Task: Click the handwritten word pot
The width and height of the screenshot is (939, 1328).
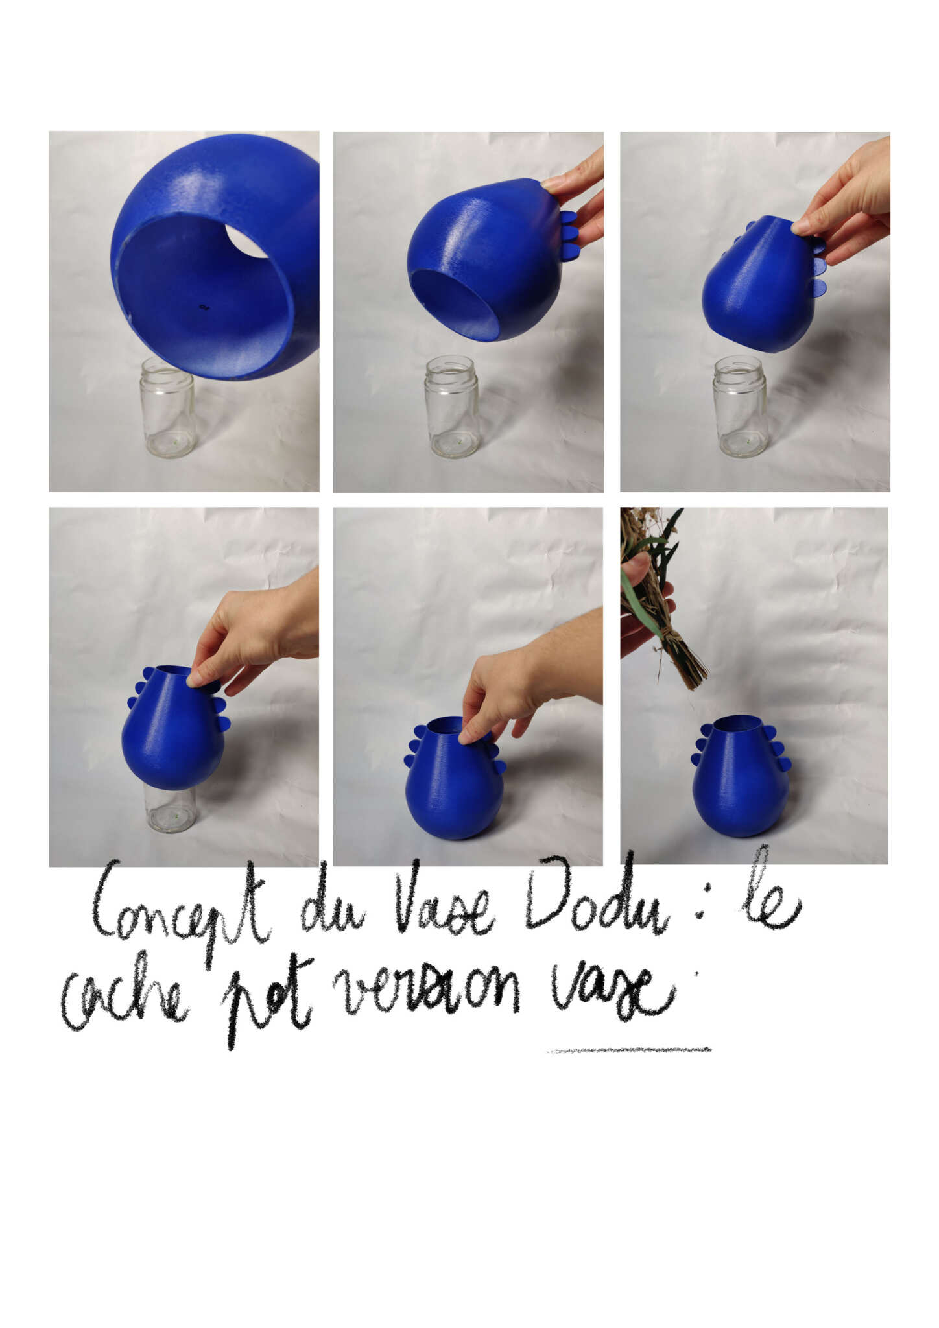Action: (265, 1002)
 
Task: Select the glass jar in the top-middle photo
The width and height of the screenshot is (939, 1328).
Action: (452, 407)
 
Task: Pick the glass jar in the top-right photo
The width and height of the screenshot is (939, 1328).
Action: (740, 407)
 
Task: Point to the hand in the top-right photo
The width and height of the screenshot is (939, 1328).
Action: (843, 201)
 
